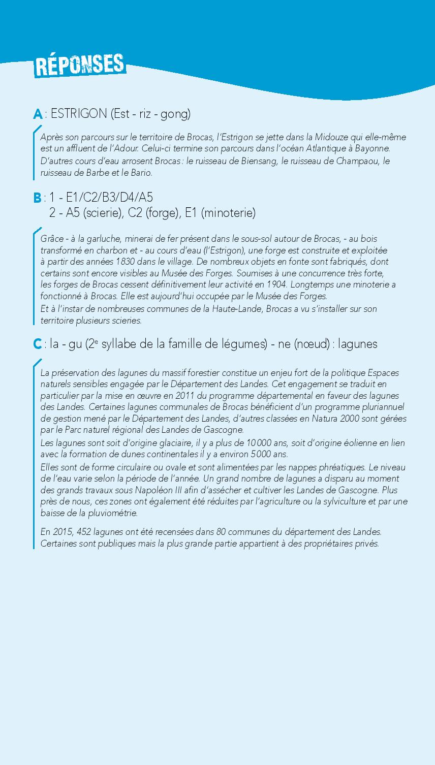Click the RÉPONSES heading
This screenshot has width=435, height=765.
[80, 65]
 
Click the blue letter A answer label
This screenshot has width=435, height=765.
[38, 114]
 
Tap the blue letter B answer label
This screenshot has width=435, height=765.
[37, 197]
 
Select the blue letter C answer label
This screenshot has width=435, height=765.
[37, 344]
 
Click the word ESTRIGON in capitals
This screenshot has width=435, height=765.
[78, 113]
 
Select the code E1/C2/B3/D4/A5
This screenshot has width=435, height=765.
[109, 197]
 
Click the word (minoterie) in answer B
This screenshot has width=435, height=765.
[228, 213]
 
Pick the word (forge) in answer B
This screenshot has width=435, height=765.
[162, 213]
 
